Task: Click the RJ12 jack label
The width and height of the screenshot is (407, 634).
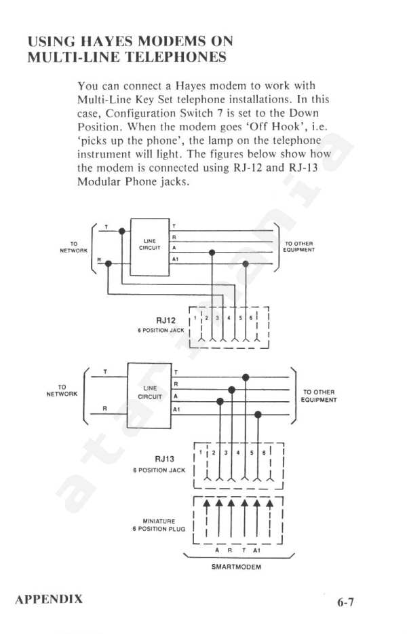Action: pos(166,320)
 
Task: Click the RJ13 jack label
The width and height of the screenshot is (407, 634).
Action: pos(165,460)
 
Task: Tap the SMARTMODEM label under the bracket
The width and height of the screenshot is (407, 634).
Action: pos(237,567)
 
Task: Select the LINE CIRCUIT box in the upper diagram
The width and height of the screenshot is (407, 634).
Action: pos(149,247)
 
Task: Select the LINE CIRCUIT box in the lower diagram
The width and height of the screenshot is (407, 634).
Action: pos(149,395)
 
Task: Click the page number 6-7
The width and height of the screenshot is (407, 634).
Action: pos(345,602)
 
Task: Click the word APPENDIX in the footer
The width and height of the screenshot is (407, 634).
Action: pos(48,599)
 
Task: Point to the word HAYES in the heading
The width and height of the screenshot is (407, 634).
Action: pos(106,41)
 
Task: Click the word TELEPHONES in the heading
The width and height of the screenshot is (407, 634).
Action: pos(175,56)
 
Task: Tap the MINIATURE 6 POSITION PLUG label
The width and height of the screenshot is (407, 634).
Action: pos(159,525)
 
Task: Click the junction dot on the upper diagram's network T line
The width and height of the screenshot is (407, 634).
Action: pos(121,231)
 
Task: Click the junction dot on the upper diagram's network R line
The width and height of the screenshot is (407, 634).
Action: pos(109,263)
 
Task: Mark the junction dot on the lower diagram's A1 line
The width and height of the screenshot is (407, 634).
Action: pos(258,415)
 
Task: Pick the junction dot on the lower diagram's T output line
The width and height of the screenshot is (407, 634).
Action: pos(246,377)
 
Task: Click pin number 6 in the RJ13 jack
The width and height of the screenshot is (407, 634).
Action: pos(263,453)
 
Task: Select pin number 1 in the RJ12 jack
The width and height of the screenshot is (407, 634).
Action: pos(195,318)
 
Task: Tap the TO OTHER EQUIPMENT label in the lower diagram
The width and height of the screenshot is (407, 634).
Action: pos(319,396)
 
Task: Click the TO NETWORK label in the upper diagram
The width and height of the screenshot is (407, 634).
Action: pos(73,247)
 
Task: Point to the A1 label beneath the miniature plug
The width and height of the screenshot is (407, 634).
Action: pos(256,551)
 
